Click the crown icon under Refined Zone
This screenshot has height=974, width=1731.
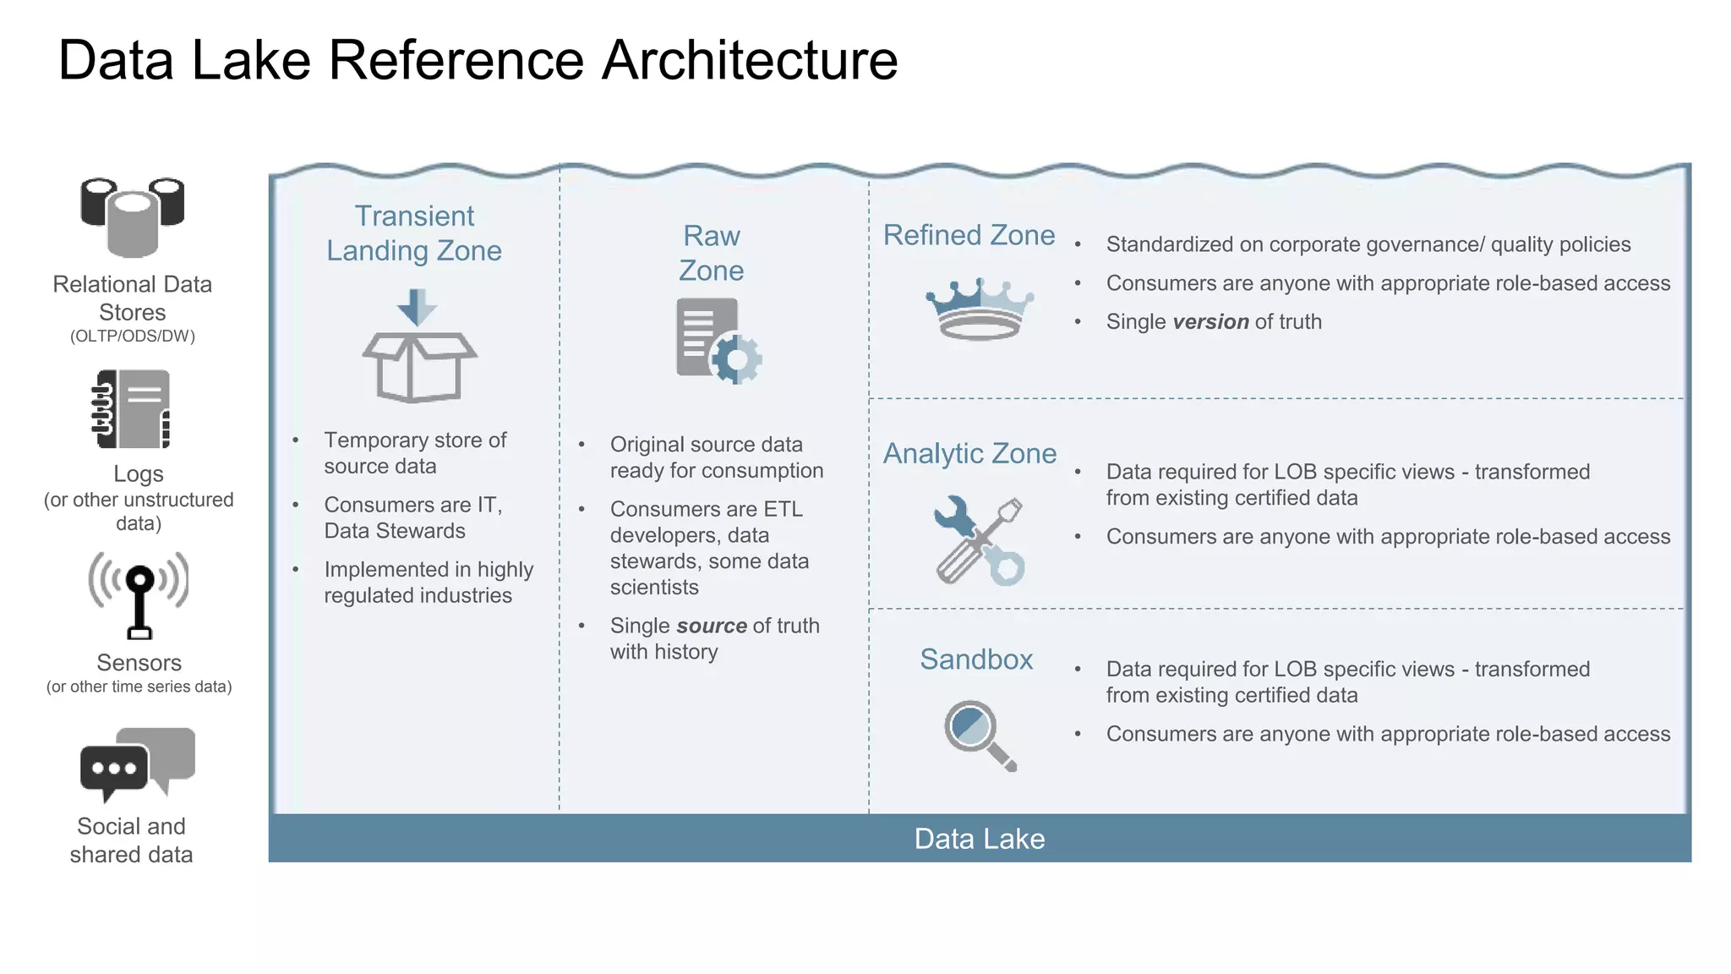(980, 309)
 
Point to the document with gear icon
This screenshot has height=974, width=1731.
(718, 342)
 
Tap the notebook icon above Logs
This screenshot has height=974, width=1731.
(132, 409)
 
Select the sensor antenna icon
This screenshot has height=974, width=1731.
(139, 595)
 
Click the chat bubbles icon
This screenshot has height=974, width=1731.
(137, 763)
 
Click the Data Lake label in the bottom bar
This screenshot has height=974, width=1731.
(980, 839)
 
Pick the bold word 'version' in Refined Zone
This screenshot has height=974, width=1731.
(1210, 322)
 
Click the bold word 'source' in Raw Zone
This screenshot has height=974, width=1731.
(711, 626)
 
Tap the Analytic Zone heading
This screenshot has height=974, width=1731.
(969, 454)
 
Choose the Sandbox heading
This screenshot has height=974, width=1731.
(976, 659)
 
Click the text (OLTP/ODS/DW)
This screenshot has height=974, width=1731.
(133, 337)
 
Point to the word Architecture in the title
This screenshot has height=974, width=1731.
(749, 61)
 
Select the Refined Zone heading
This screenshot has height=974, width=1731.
(969, 235)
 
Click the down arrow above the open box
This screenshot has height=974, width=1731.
(417, 307)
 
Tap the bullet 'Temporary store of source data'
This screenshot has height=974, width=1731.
(414, 453)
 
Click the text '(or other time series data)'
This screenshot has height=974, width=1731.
(139, 687)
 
